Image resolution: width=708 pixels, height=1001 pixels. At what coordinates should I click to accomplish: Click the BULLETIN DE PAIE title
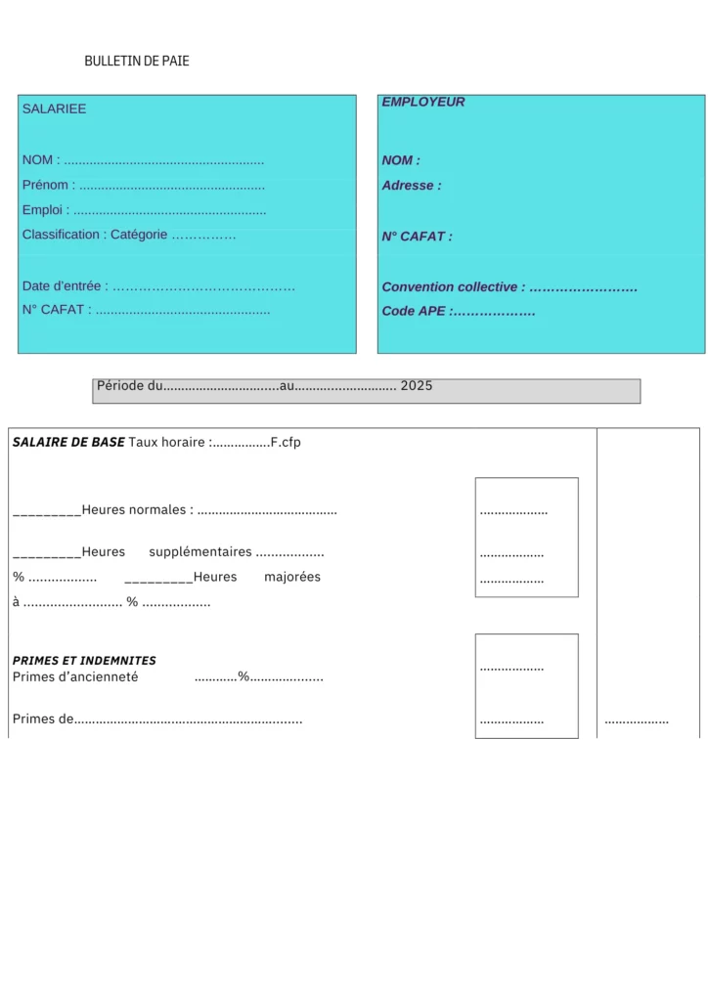click(x=137, y=61)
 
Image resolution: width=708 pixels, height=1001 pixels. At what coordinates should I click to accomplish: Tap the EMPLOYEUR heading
click(x=422, y=102)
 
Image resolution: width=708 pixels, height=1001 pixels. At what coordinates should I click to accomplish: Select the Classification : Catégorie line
click(x=95, y=235)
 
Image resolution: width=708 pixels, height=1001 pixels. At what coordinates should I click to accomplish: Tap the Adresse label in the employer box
click(x=411, y=186)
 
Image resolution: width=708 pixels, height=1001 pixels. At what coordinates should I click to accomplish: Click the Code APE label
click(x=414, y=312)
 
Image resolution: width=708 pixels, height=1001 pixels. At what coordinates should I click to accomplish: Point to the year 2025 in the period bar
click(x=416, y=386)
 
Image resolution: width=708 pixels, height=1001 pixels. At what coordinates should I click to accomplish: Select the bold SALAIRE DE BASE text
click(x=68, y=442)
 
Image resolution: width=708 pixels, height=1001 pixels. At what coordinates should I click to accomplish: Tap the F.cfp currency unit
click(x=286, y=442)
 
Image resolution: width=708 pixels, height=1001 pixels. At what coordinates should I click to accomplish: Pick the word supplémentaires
click(x=199, y=552)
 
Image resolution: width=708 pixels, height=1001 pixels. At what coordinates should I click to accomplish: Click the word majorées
click(x=291, y=577)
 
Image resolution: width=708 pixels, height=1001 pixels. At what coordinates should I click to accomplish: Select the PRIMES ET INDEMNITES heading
click(x=84, y=661)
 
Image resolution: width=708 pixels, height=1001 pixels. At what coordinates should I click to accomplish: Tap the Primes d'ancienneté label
click(x=75, y=676)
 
